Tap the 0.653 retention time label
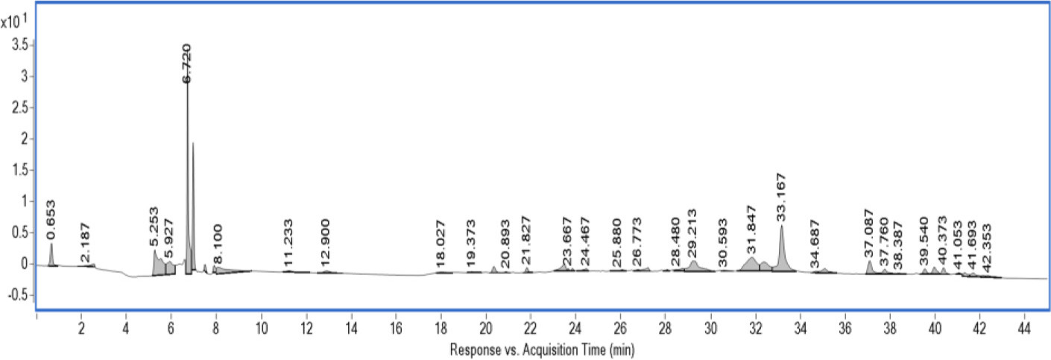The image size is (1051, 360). point(51,217)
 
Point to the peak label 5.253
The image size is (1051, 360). point(154,227)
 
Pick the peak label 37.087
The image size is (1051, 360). point(868,233)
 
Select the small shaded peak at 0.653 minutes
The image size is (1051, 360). point(51,256)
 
